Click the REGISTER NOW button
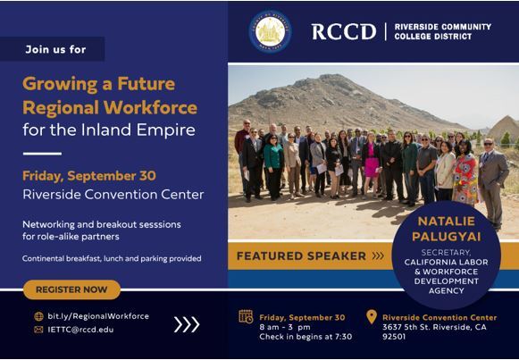click(x=72, y=289)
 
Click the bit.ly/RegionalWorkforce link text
click(x=97, y=316)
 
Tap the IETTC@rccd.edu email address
click(x=83, y=329)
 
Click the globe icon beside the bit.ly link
click(x=38, y=316)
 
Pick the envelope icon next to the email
click(x=38, y=329)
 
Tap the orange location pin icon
click(x=372, y=317)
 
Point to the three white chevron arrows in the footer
click(x=187, y=323)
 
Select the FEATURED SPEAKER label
click(x=290, y=256)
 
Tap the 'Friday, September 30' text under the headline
click(x=80, y=174)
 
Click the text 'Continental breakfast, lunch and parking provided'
click(x=113, y=258)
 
